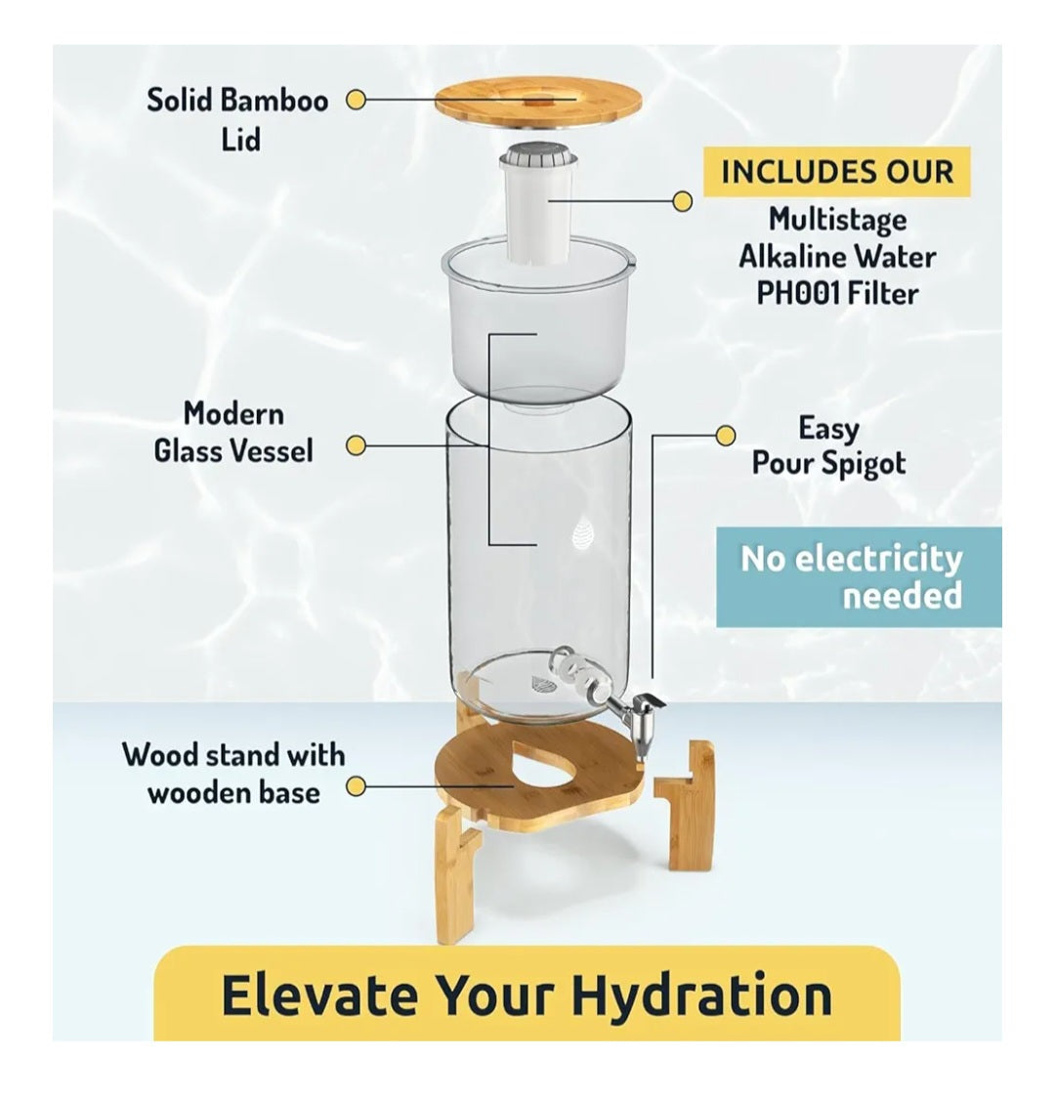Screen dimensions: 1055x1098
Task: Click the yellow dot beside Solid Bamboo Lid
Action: point(356,100)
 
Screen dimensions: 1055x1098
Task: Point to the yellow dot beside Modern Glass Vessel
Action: point(356,445)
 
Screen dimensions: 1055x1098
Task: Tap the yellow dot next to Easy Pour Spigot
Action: point(725,435)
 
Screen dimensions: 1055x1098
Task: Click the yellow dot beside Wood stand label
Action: point(356,786)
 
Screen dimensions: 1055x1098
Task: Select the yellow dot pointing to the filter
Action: point(682,201)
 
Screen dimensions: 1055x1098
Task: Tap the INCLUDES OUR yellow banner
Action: point(836,172)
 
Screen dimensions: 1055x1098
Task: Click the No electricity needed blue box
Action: point(859,577)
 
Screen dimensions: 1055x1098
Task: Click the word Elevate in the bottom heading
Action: point(318,994)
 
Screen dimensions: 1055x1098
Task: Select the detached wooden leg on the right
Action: point(683,805)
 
